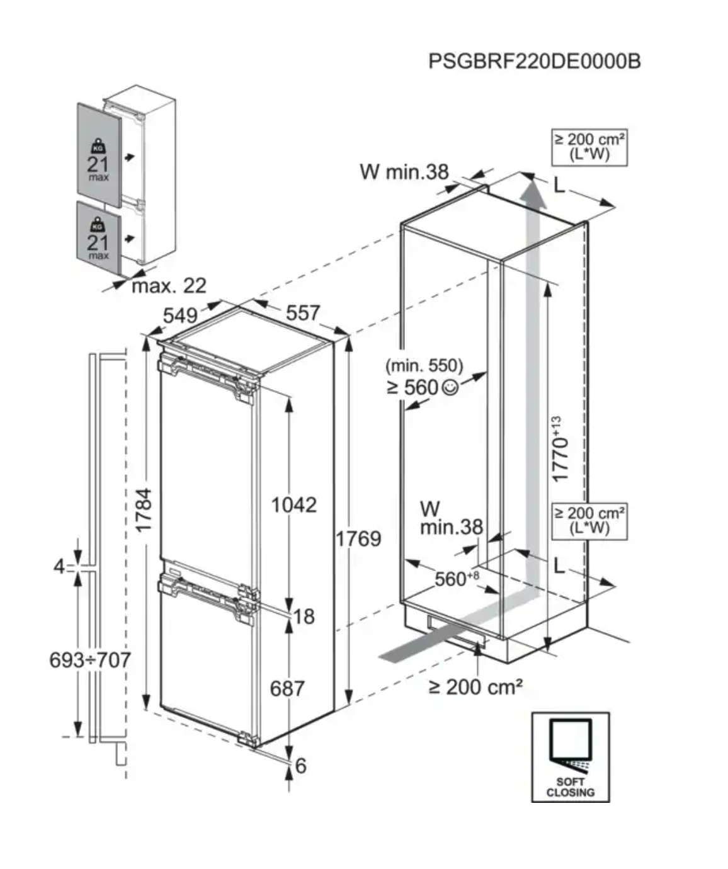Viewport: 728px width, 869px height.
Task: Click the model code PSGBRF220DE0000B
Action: pos(534,62)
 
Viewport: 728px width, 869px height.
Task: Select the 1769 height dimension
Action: pos(358,538)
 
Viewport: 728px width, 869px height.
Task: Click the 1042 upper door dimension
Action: pos(293,504)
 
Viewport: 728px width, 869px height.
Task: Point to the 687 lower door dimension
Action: pos(287,688)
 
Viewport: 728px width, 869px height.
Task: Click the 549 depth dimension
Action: pos(180,315)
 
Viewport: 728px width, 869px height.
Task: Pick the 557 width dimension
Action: pos(303,312)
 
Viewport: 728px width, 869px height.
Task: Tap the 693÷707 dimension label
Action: pos(90,660)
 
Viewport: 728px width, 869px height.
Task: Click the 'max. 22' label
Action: pos(169,286)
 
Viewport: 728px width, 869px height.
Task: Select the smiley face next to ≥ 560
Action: pos(450,388)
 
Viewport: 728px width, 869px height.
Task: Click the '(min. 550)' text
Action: pos(424,365)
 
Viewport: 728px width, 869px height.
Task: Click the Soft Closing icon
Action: pos(571,757)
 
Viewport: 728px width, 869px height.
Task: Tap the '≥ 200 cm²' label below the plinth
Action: pos(475,686)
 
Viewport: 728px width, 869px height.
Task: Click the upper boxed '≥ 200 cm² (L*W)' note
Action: pos(589,147)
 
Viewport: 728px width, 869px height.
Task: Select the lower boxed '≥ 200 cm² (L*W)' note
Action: pos(589,521)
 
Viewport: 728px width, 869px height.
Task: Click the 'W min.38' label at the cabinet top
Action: pos(404,171)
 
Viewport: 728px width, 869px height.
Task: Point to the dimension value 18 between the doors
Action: pos(304,616)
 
